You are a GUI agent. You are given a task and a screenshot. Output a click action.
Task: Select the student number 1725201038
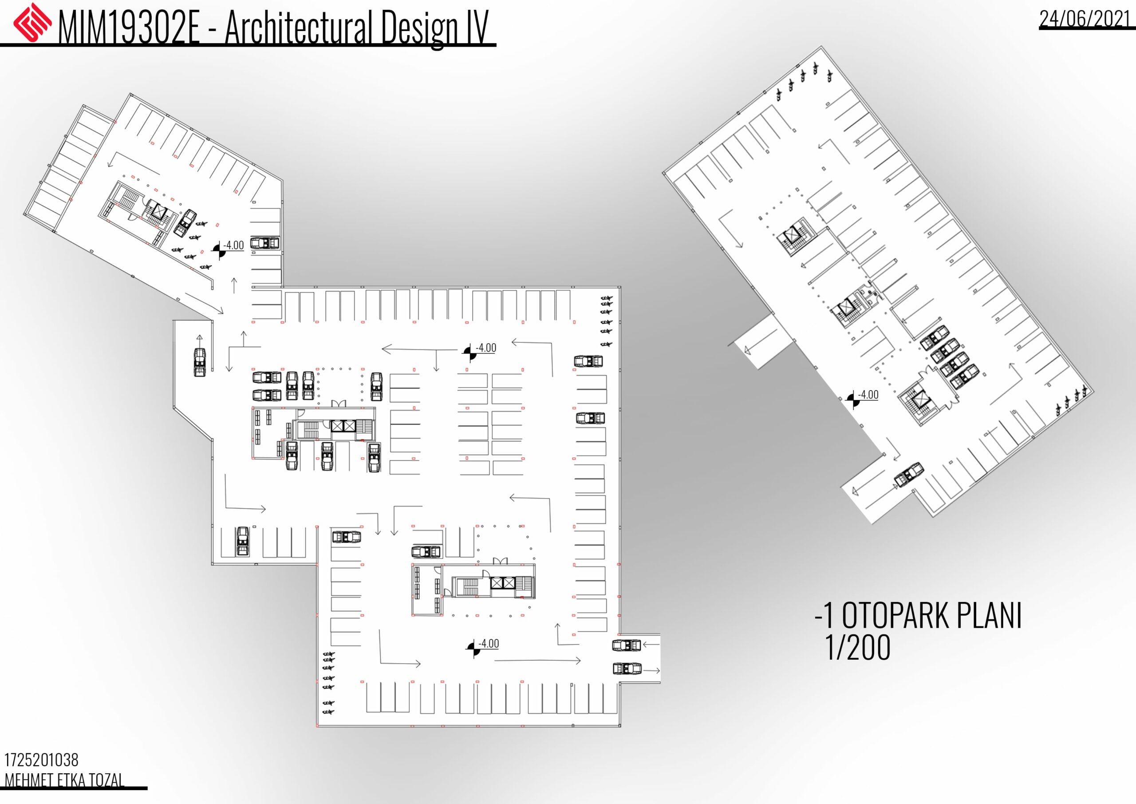pyautogui.click(x=42, y=760)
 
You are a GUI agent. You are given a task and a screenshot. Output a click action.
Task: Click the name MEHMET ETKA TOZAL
pyautogui.click(x=64, y=780)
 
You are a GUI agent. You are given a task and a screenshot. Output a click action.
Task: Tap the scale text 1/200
pyautogui.click(x=858, y=648)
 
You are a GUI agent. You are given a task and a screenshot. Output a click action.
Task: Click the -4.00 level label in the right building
pyautogui.click(x=868, y=395)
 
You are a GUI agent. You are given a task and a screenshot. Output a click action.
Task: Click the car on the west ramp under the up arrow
pyautogui.click(x=199, y=362)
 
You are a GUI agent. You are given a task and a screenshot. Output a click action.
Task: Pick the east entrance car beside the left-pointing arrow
pyautogui.click(x=627, y=645)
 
